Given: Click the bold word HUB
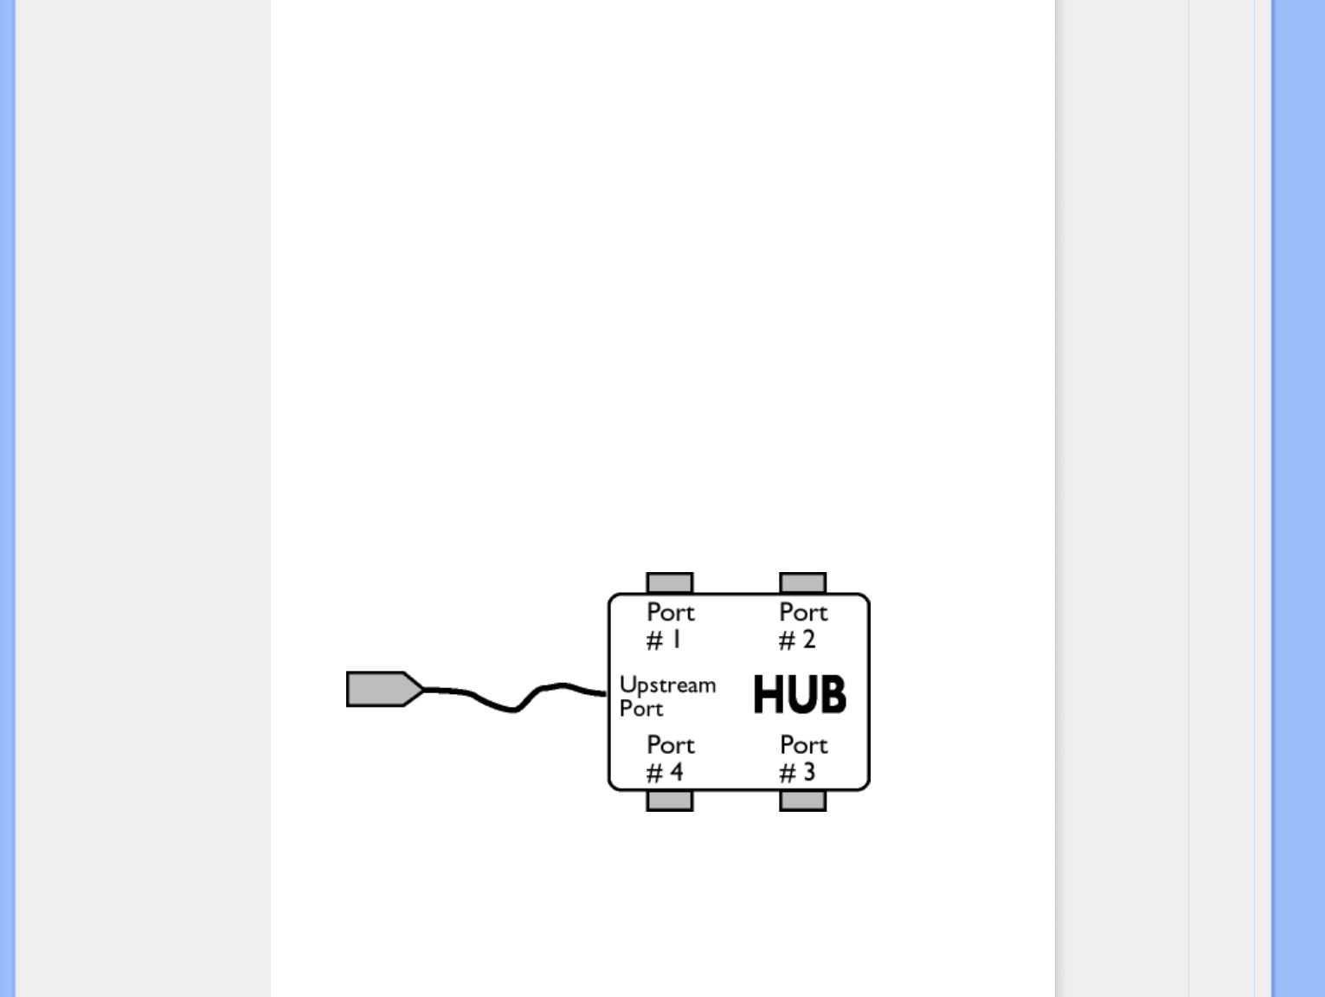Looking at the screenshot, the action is click(799, 695).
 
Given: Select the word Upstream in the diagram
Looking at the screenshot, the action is click(667, 685).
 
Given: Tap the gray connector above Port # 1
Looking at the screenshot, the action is click(669, 582).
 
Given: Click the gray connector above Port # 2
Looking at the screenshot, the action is click(802, 582).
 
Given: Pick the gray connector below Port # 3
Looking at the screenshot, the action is click(802, 801).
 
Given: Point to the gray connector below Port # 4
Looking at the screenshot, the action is click(669, 801).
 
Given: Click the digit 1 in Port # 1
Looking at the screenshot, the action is click(677, 640).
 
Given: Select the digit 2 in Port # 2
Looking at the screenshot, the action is click(808, 640).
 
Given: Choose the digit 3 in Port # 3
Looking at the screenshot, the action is click(808, 772).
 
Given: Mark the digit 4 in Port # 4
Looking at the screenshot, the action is click(676, 772).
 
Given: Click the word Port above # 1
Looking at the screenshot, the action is click(670, 613).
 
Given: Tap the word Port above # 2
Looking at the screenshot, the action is click(803, 613).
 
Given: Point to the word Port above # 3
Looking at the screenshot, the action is click(803, 745).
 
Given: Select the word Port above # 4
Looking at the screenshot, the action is click(670, 745).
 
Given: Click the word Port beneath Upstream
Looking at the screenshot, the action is click(641, 709).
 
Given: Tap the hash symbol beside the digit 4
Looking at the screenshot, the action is click(655, 773).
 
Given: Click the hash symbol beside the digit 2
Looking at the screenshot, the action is click(787, 640).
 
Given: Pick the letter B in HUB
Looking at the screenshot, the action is click(832, 695).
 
